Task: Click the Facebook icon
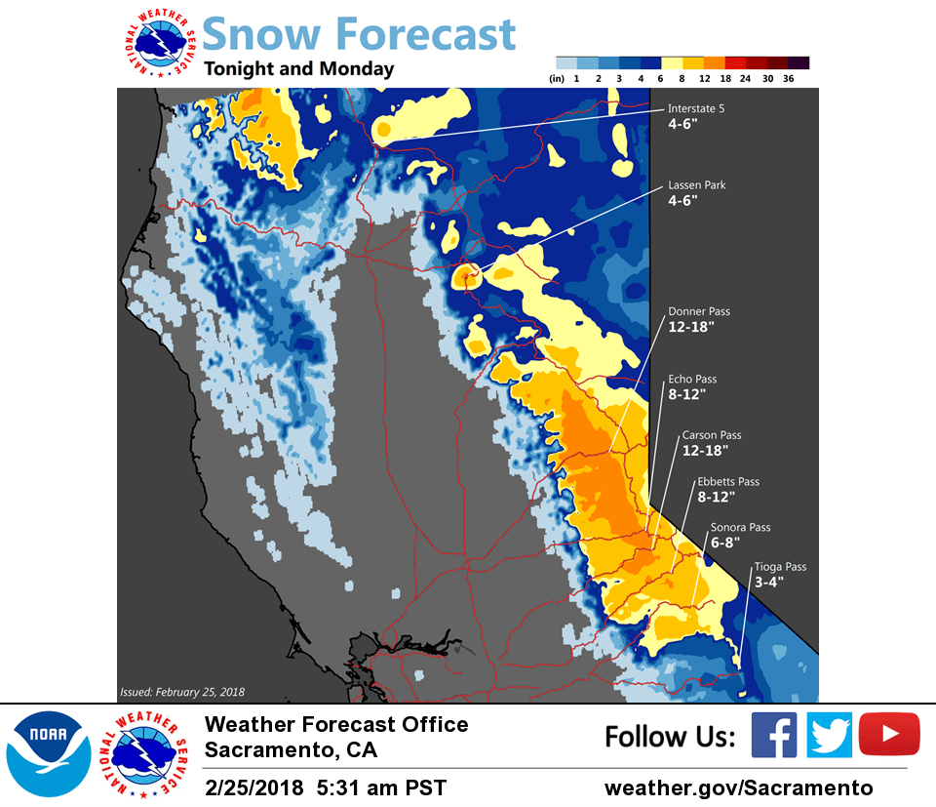click(773, 735)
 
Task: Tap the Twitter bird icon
click(829, 735)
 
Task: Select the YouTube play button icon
click(889, 735)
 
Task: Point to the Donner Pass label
click(698, 312)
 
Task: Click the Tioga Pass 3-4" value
click(768, 582)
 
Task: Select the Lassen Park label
click(696, 185)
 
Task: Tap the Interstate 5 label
click(695, 109)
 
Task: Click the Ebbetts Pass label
click(727, 482)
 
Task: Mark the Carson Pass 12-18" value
click(705, 451)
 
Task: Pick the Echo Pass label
click(692, 379)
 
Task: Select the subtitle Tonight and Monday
click(298, 69)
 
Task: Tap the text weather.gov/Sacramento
click(738, 787)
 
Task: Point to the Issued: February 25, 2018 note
click(181, 692)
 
